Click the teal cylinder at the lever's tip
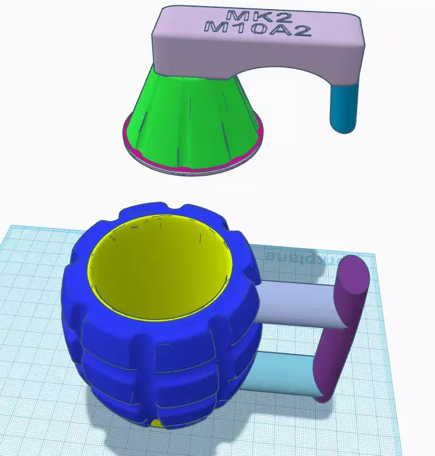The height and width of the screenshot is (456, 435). tap(344, 109)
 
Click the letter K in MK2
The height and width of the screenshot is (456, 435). tap(248, 16)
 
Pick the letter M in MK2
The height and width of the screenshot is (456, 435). tap(232, 15)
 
